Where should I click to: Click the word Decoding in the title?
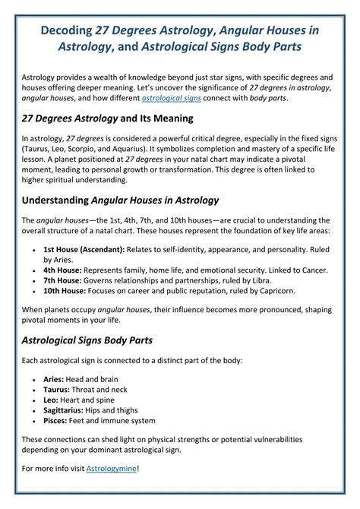[x=63, y=30]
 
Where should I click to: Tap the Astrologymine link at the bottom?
[x=112, y=468]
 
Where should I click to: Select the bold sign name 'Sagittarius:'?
[x=68, y=409]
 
